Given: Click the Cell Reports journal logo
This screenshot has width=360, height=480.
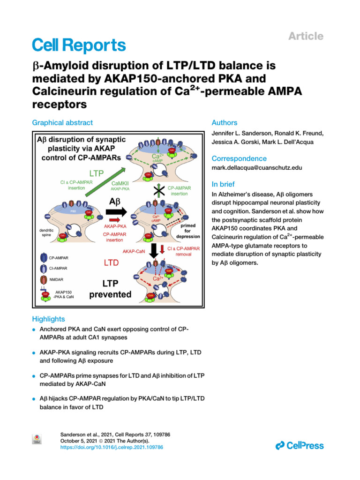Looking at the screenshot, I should pyautogui.click(x=78, y=45).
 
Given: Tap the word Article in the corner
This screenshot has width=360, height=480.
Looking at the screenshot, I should pyautogui.click(x=306, y=36).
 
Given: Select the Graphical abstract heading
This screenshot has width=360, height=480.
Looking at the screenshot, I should pyautogui.click(x=62, y=123).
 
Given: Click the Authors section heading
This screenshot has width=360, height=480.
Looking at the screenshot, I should pyautogui.click(x=225, y=123).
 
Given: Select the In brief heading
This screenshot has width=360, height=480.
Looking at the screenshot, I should pyautogui.click(x=223, y=184).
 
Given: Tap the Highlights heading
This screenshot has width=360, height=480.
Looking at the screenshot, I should pyautogui.click(x=48, y=319).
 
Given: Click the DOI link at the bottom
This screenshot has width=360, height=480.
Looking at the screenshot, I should pyautogui.click(x=112, y=448).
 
